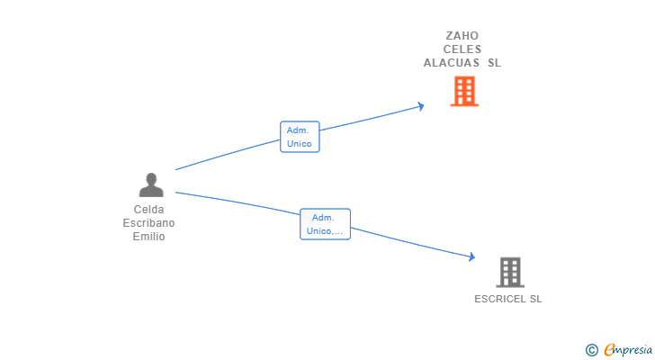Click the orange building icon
point(464,91)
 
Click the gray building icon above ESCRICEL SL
point(510,273)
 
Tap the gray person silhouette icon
point(151,184)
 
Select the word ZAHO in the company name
point(462,35)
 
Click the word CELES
point(462,49)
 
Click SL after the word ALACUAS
point(494,63)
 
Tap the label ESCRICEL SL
point(508,299)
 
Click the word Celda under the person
point(148,209)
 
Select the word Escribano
point(148,223)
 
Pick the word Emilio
point(148,237)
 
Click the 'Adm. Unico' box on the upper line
point(300,137)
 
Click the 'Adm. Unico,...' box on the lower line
point(325,224)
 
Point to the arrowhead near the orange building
point(421,106)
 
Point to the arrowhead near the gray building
point(472,256)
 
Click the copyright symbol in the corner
point(591,350)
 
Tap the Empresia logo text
point(628,350)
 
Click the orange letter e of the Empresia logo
point(609,349)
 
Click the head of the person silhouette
point(151,178)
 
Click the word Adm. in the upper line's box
point(298,130)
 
